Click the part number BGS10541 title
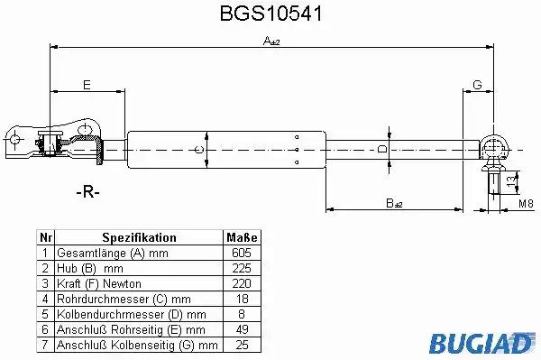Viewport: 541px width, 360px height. click(271, 14)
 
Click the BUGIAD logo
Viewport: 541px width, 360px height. click(481, 344)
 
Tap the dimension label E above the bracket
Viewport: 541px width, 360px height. click(87, 85)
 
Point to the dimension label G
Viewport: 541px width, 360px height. click(477, 85)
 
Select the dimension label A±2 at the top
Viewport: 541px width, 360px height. click(271, 42)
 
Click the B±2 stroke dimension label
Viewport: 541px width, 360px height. click(394, 203)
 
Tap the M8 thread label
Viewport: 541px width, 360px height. click(527, 204)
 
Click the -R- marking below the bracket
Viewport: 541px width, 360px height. click(87, 191)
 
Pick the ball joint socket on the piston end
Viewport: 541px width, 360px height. click(494, 148)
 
